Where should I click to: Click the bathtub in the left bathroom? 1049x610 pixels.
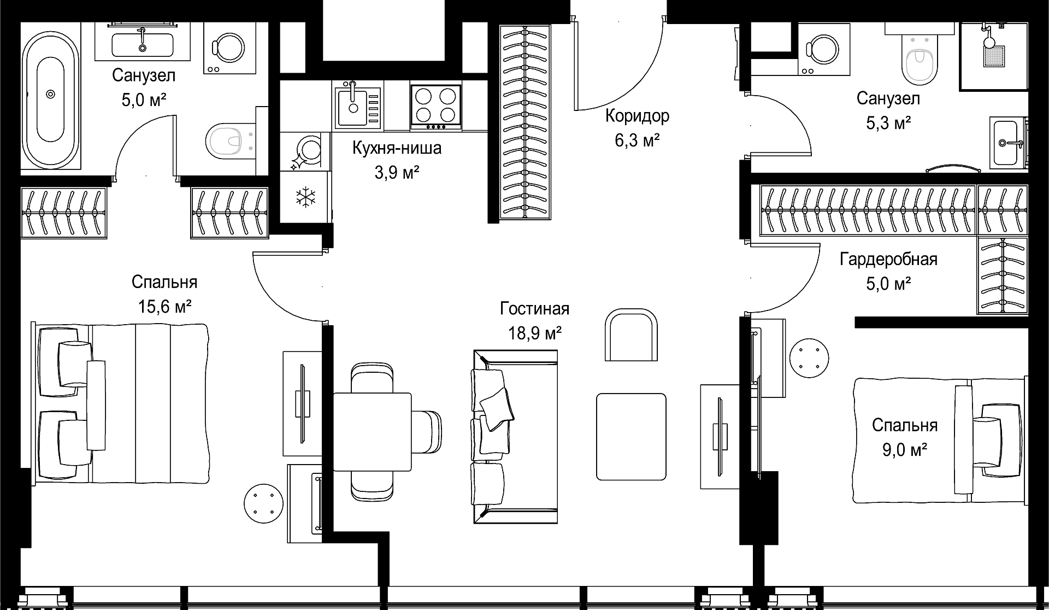coord(50,94)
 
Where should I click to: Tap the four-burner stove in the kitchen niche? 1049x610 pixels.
coord(435,107)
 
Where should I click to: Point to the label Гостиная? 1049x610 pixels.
coord(534,309)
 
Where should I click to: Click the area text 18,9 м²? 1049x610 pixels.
coord(535,333)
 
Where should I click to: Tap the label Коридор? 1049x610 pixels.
coord(637,116)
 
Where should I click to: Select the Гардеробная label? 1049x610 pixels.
coord(888,259)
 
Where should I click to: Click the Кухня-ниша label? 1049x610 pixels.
coord(397,148)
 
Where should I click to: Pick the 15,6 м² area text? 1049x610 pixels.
coord(164,307)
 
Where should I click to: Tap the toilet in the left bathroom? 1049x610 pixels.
coord(232,141)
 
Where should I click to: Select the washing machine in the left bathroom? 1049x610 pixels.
coord(229,48)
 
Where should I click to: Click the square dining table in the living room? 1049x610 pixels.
coord(372,431)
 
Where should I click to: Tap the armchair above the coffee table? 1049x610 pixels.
coord(631,335)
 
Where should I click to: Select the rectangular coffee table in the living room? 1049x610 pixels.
coord(631,437)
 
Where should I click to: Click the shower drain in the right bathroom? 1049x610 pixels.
coord(994,56)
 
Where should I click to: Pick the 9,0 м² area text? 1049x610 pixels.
coord(905,450)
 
